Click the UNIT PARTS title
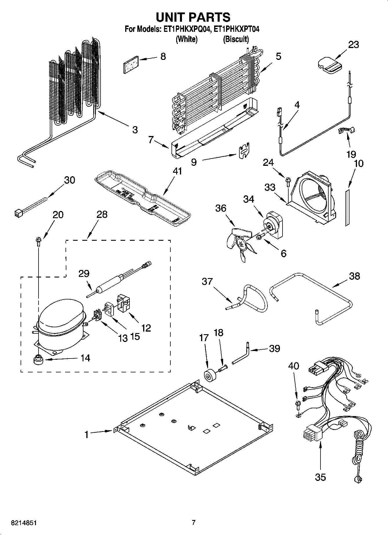[x=193, y=17]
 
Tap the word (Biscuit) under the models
[x=236, y=39]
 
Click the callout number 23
[x=353, y=45]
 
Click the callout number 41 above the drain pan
[x=177, y=171]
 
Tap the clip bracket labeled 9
[x=244, y=151]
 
